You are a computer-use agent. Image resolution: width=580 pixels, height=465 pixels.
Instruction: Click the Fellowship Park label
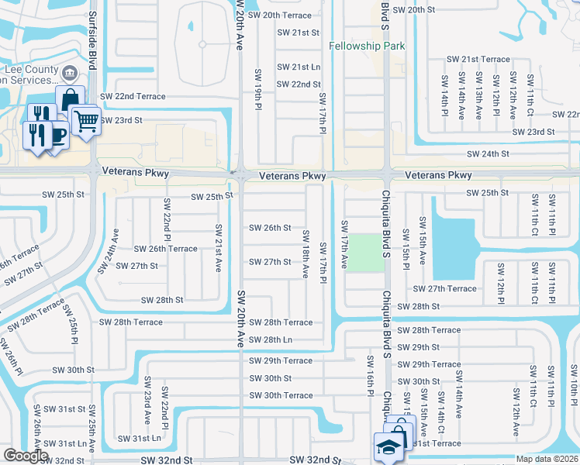pyautogui.click(x=367, y=46)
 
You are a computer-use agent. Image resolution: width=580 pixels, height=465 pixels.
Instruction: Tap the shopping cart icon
pyautogui.click(x=85, y=121)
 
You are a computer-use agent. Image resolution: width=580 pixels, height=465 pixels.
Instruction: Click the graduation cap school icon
pyautogui.click(x=386, y=448)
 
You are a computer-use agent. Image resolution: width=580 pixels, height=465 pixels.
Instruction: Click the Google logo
pyautogui.click(x=26, y=455)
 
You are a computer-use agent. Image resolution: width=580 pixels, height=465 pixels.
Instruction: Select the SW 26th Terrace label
pyautogui.click(x=165, y=249)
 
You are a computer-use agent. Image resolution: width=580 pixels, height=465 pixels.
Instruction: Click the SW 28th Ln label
pyautogui.click(x=270, y=340)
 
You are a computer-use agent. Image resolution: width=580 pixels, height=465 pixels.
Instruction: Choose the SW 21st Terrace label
pyautogui.click(x=475, y=60)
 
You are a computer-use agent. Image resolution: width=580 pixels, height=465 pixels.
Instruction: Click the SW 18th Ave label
pyautogui.click(x=306, y=254)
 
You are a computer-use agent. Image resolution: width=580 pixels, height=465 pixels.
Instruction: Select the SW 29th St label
pyautogui.click(x=419, y=347)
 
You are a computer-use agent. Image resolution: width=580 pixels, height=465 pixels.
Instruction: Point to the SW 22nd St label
pyautogui.click(x=299, y=84)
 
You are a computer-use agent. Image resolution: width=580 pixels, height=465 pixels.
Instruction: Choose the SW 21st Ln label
pyautogui.click(x=299, y=67)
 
